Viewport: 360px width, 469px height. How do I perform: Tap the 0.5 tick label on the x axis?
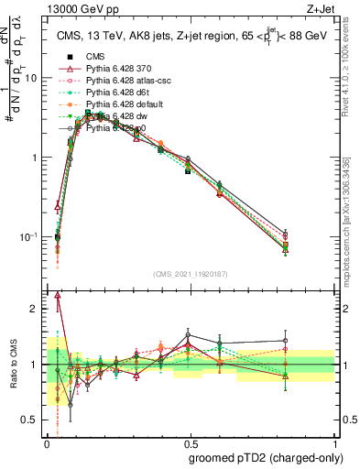click(x=191, y=442)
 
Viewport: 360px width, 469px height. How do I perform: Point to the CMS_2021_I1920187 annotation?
click(x=192, y=274)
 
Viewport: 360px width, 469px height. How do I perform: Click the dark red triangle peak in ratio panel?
click(x=59, y=295)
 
